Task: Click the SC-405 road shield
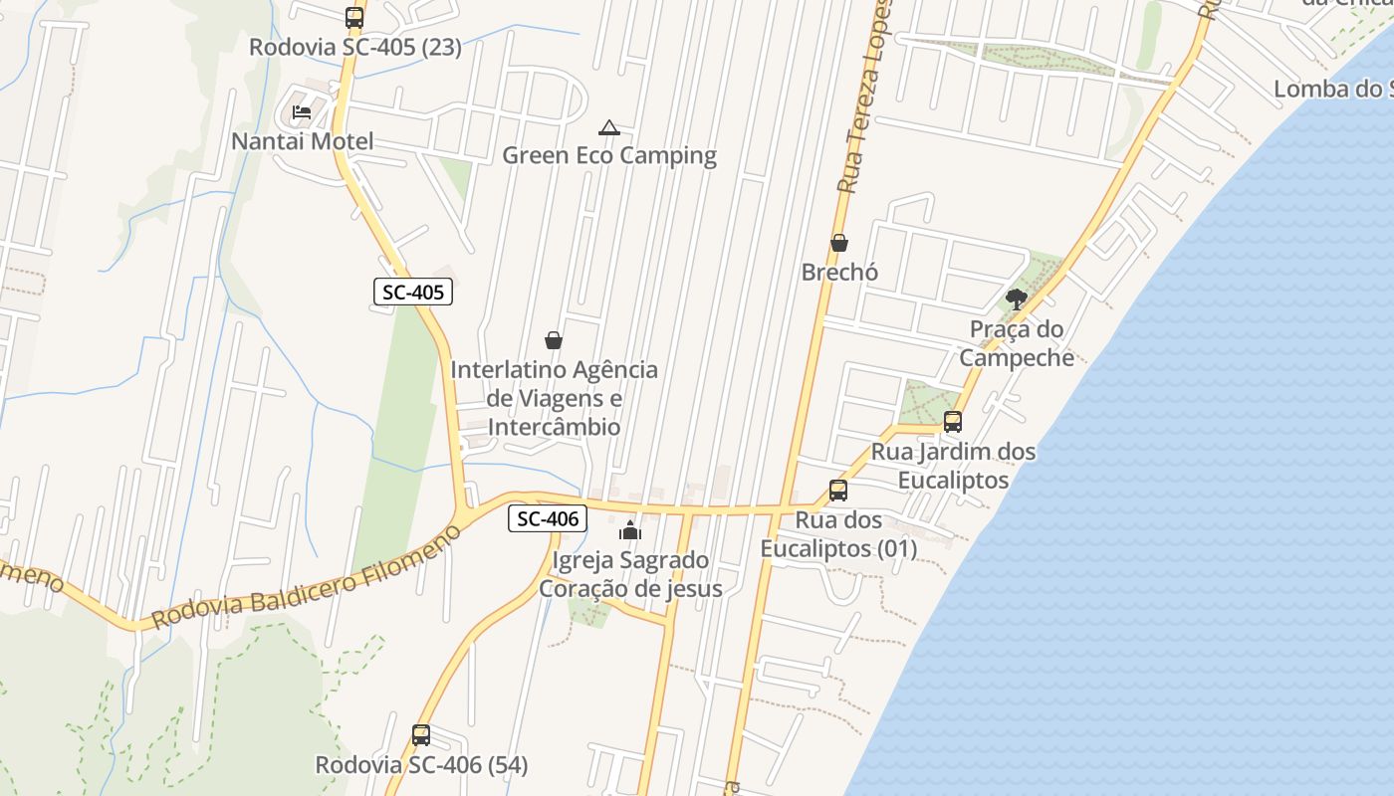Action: [x=413, y=292]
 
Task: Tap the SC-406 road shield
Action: [x=548, y=518]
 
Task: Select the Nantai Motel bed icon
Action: [x=302, y=112]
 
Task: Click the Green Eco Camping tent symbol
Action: [x=608, y=127]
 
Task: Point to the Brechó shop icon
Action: [x=839, y=243]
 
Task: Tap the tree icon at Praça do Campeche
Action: [x=1016, y=298]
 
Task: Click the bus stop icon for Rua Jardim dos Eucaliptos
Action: [x=953, y=422]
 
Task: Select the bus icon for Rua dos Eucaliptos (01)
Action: [x=838, y=491]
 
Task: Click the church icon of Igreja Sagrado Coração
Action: [x=629, y=530]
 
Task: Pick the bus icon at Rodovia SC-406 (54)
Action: [x=421, y=735]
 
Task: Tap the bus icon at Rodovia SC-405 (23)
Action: [x=354, y=18]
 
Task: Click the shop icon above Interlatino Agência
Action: [x=554, y=340]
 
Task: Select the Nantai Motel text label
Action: [x=303, y=141]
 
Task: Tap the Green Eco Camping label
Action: [x=609, y=155]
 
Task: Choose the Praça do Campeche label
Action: [x=1017, y=343]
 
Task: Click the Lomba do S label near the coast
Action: [x=1332, y=89]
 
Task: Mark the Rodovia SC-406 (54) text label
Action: [x=421, y=765]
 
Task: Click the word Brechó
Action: [x=839, y=272]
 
